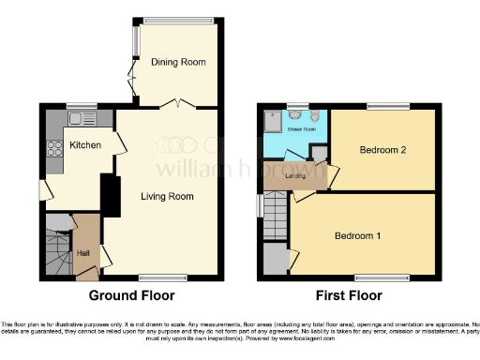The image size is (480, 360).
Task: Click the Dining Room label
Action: [x=181, y=62]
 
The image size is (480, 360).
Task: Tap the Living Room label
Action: [x=167, y=197]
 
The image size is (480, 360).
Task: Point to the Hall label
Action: [x=82, y=253]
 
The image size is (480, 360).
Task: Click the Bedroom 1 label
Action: [x=358, y=235]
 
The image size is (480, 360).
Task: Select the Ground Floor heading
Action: [x=132, y=295]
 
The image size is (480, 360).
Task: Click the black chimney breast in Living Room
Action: [x=110, y=195]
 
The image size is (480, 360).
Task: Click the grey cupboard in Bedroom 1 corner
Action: [x=275, y=260]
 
